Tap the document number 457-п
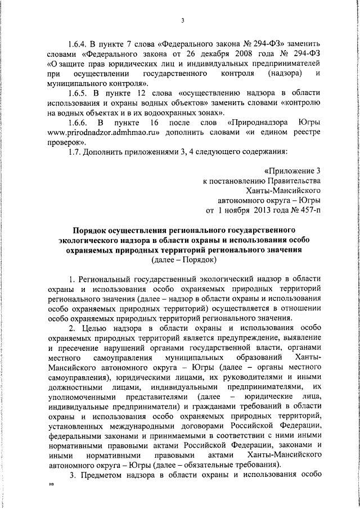[307, 211]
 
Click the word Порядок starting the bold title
[91, 231]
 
